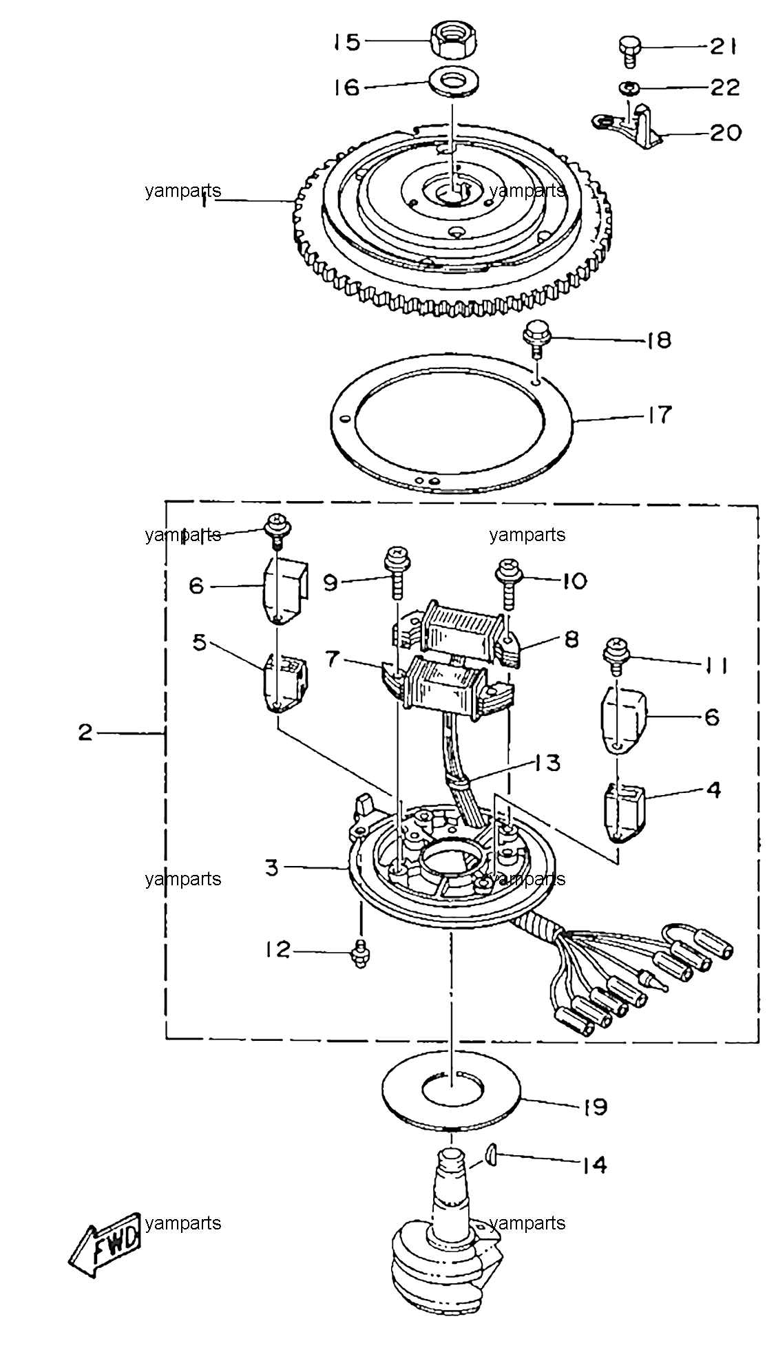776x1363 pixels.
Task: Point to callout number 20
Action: [723, 131]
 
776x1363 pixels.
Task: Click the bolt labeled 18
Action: [534, 341]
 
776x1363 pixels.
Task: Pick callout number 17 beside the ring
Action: [658, 416]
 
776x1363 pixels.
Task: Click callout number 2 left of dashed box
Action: [85, 732]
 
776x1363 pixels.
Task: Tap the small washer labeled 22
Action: [629, 87]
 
